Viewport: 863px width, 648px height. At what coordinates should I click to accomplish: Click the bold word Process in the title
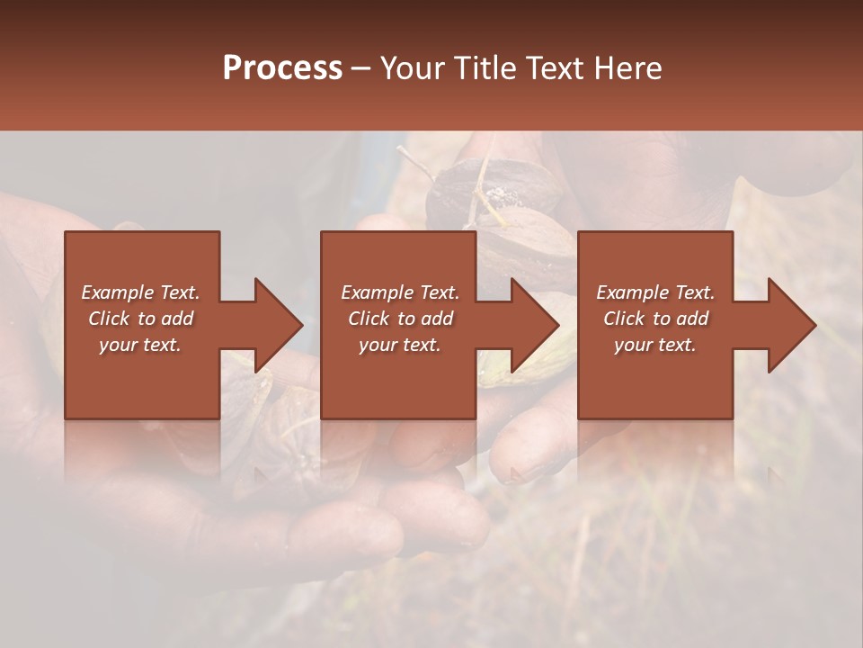[x=282, y=68]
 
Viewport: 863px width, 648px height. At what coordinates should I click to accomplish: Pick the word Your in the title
[x=415, y=68]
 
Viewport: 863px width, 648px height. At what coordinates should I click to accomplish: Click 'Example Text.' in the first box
[x=141, y=292]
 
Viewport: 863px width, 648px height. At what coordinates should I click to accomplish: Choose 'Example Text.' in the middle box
[x=400, y=292]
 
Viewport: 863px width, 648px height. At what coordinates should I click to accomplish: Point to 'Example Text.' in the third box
[x=655, y=292]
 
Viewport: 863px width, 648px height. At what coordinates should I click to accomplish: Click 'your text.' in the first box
[x=140, y=345]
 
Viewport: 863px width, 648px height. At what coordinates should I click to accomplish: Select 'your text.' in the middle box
[x=399, y=345]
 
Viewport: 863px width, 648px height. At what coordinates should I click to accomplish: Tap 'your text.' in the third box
[x=654, y=345]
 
